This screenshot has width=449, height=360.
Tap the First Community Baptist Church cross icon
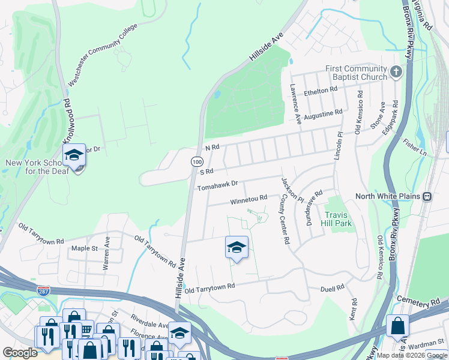coord(395,73)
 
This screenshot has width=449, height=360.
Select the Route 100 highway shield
coord(197,161)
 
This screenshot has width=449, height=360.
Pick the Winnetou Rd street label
coord(249,199)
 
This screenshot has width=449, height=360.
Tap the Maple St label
coord(84,248)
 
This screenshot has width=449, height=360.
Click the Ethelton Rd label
coord(321,90)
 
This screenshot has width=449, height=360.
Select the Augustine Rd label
coord(322,114)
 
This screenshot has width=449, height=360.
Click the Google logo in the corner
coord(20,353)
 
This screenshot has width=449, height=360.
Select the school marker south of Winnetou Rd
coord(237,247)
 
